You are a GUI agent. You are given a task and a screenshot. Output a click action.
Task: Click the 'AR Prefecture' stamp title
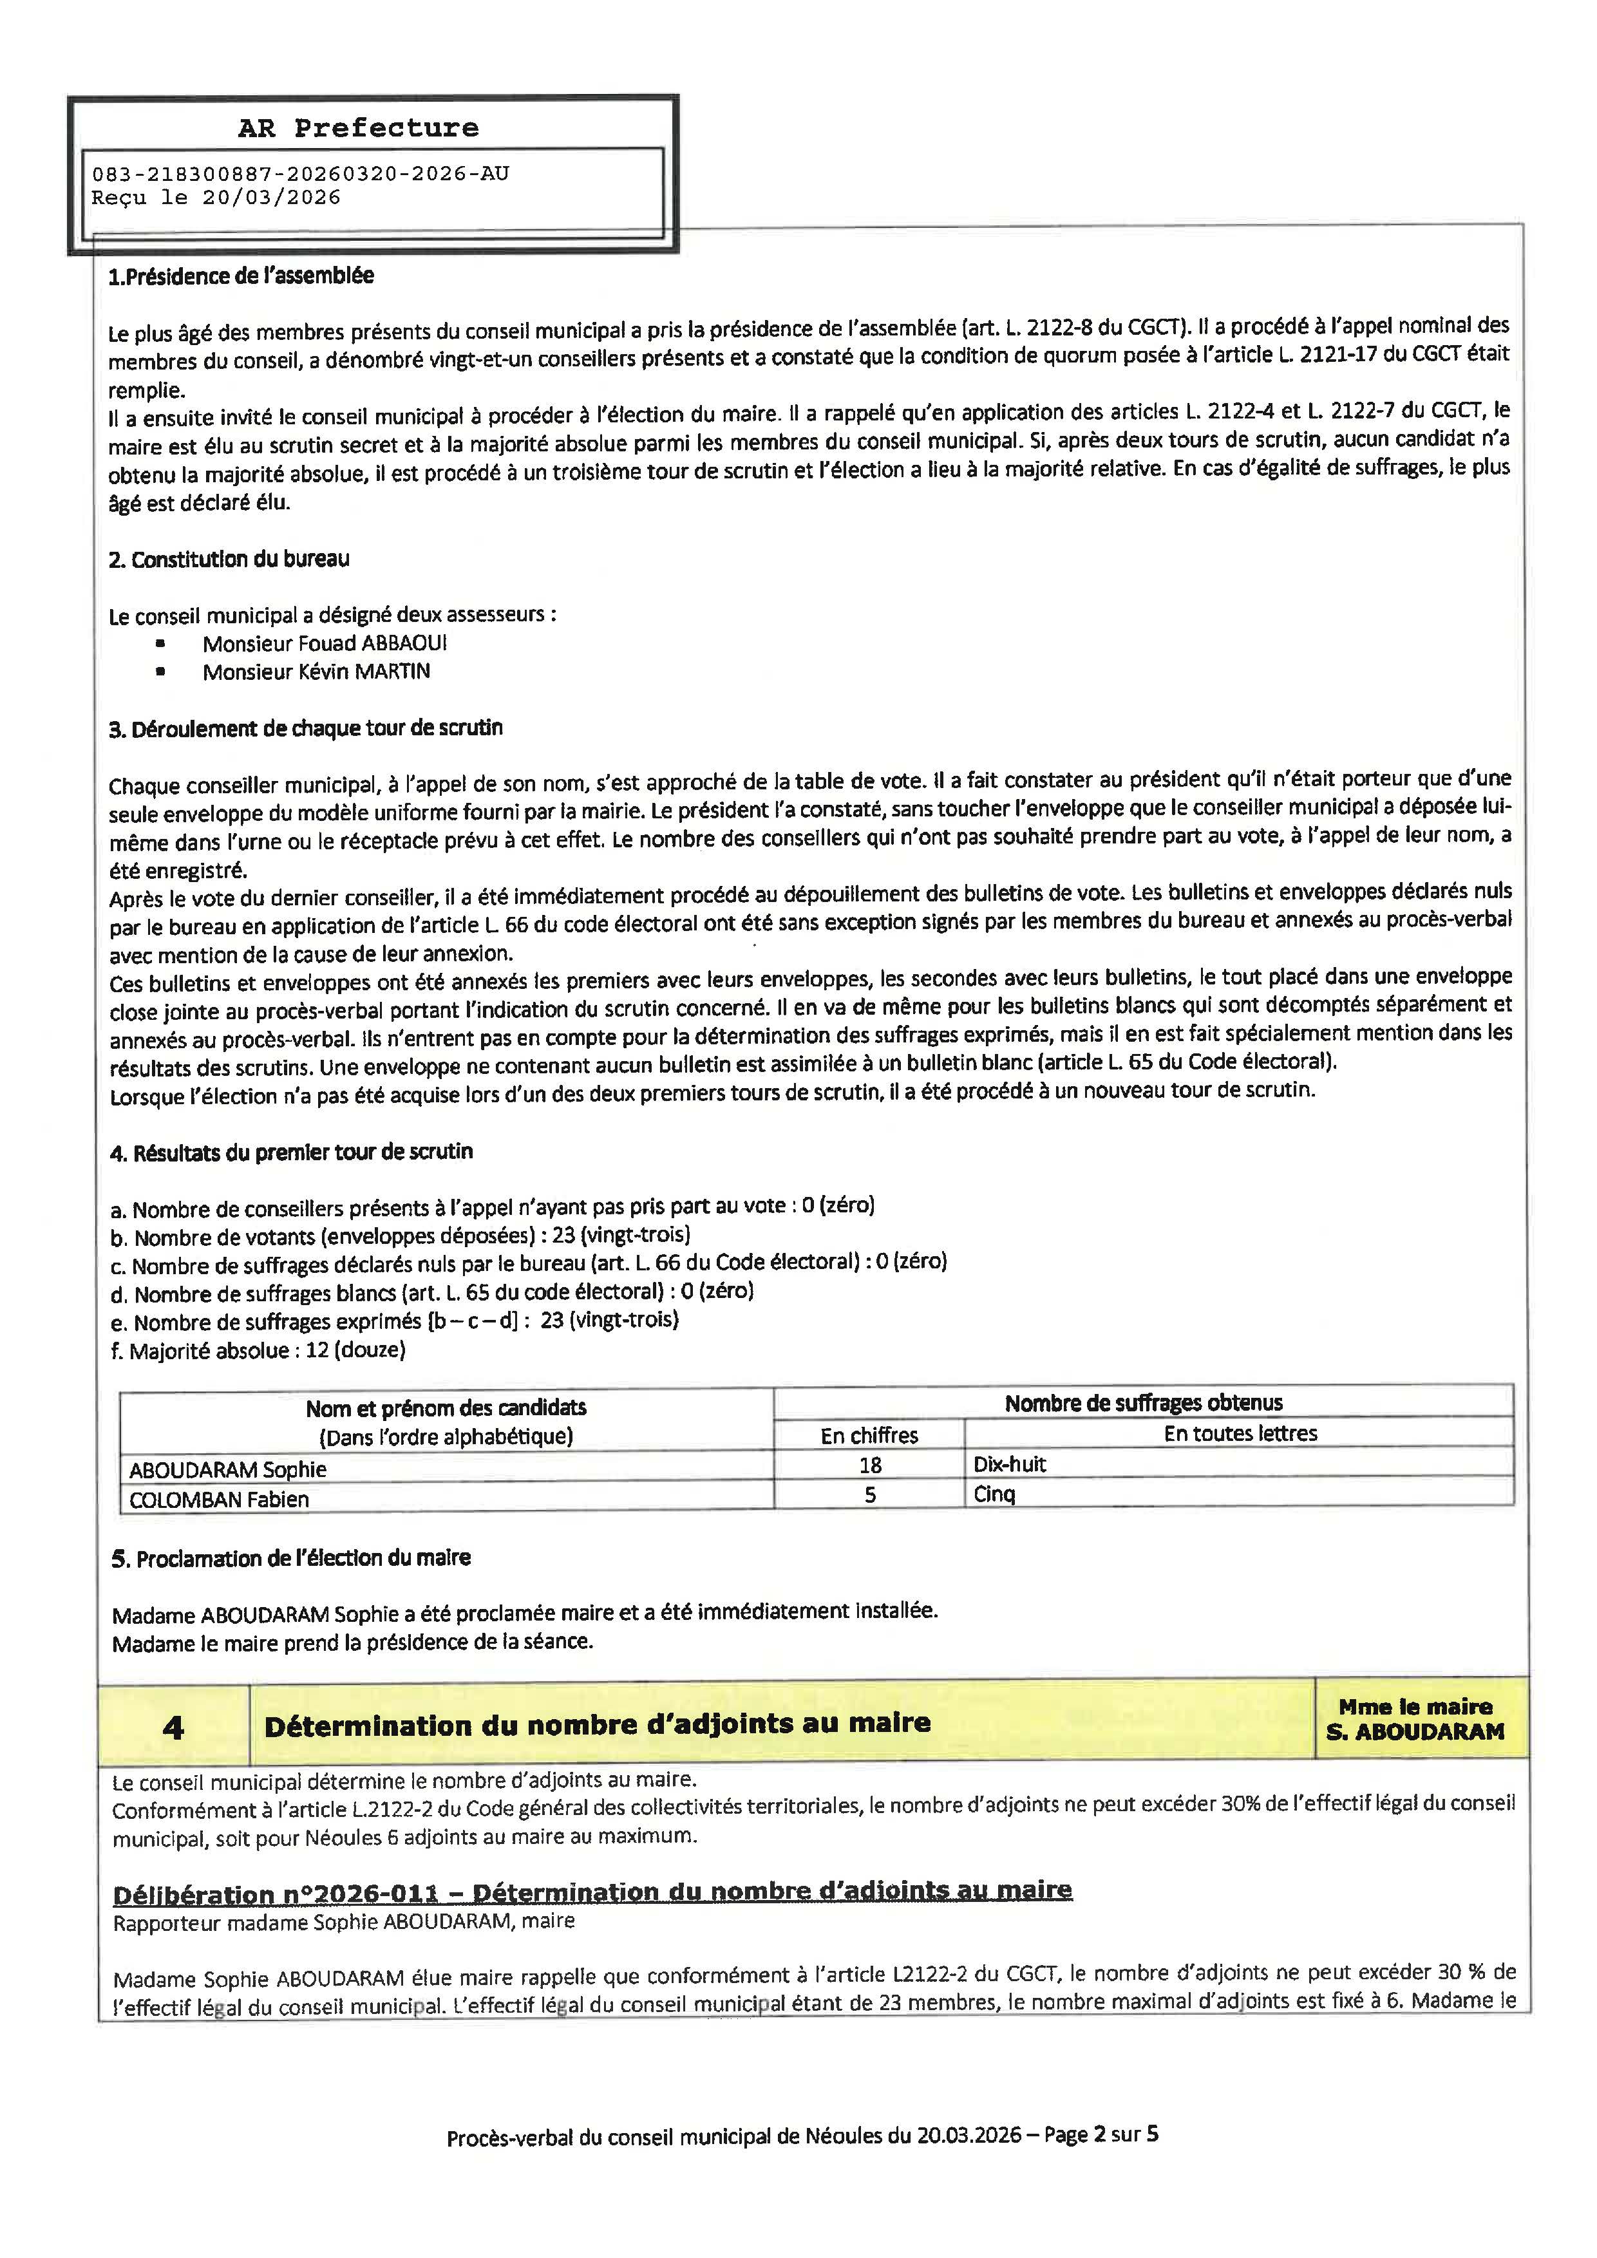[358, 128]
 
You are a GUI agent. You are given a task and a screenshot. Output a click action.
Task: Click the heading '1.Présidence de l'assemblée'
[241, 276]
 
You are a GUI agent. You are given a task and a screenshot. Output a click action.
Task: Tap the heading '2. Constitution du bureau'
[229, 560]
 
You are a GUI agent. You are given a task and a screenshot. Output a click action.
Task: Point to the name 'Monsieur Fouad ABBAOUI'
[325, 643]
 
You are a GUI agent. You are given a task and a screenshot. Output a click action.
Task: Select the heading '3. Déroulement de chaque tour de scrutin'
[306, 729]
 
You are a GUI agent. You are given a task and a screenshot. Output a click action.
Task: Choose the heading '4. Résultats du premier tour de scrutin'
[291, 1152]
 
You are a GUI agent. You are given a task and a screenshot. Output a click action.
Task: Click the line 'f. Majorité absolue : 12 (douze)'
[258, 1350]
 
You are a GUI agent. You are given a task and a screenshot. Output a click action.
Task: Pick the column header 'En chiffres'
[869, 1436]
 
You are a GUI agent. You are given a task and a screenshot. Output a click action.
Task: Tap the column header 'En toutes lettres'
[1240, 1434]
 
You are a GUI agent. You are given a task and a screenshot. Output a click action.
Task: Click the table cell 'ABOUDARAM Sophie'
[228, 1469]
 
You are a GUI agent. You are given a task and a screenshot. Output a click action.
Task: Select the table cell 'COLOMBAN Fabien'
[220, 1500]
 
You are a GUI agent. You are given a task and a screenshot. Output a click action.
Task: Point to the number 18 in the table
[870, 1465]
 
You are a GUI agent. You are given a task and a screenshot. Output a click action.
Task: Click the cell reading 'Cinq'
[994, 1495]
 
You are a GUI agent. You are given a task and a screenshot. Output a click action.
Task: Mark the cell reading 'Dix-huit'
[1010, 1464]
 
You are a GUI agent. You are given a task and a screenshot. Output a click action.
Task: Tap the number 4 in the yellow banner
[173, 1728]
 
